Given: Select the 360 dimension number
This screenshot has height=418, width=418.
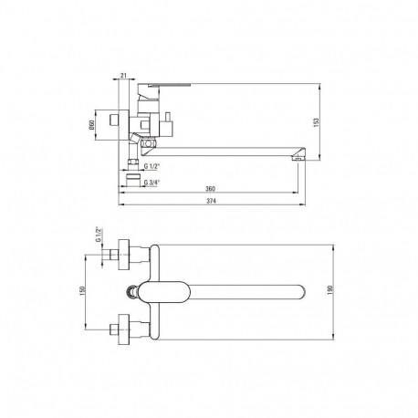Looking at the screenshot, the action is [210, 189].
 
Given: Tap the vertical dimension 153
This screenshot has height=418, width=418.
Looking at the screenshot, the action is [316, 122].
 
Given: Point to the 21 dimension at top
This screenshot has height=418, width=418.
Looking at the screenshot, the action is [123, 76].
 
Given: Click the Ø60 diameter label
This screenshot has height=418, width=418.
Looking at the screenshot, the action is [91, 125].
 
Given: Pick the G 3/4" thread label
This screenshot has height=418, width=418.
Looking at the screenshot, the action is [152, 183].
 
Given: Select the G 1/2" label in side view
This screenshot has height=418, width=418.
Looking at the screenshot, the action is [152, 166].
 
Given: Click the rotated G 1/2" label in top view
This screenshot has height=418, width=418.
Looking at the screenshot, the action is [98, 235].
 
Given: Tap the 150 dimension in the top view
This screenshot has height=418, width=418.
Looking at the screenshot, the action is [81, 291].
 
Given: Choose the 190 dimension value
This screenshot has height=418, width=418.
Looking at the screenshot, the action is [330, 290].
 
